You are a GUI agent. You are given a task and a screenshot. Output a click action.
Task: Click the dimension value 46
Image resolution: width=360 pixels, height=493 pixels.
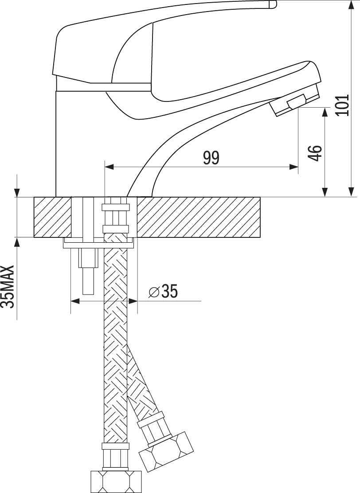[315, 152]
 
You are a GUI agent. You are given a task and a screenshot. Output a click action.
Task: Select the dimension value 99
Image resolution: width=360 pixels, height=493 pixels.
[211, 158]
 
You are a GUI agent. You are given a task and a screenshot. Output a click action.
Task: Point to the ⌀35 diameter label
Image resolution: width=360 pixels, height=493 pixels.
[164, 291]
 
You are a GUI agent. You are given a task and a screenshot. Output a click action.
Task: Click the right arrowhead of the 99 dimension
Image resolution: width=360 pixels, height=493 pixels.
[294, 167]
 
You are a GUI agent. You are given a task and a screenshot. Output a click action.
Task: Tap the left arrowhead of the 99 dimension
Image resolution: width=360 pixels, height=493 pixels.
[109, 167]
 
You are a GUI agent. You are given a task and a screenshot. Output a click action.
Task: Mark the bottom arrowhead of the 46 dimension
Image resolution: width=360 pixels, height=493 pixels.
[325, 192]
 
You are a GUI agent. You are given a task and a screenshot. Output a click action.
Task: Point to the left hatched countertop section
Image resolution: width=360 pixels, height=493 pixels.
[52, 217]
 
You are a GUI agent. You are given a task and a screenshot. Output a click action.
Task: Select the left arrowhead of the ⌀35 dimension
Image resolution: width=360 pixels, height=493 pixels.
[75, 301]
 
